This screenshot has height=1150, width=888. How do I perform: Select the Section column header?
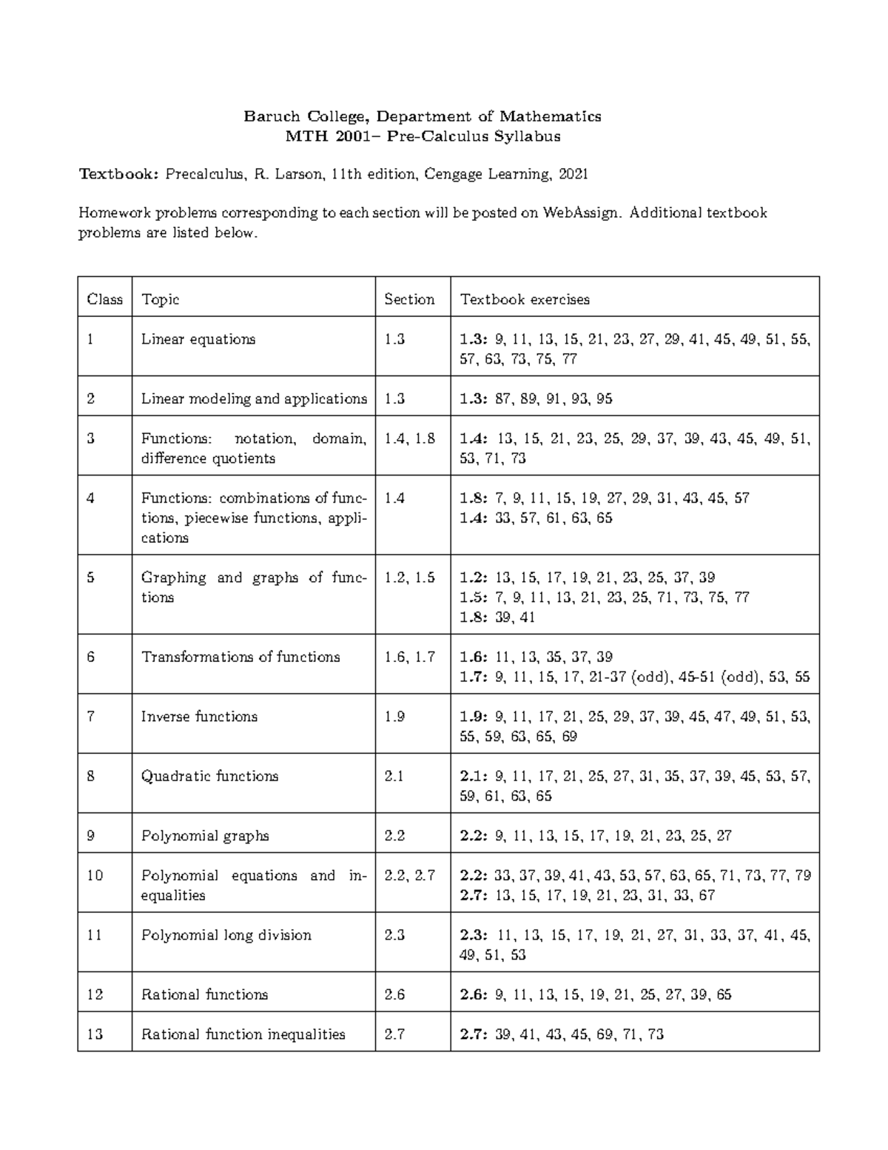(x=409, y=299)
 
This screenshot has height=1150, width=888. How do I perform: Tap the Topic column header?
(x=160, y=299)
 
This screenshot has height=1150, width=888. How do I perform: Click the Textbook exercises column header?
(x=525, y=299)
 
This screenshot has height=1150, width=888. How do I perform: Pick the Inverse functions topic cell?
(x=199, y=717)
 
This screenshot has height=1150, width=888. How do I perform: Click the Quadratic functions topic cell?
(x=209, y=776)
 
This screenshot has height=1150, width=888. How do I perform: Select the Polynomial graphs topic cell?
(x=205, y=836)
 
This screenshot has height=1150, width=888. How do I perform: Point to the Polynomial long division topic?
(x=226, y=935)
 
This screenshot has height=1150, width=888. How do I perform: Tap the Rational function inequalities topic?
(x=243, y=1034)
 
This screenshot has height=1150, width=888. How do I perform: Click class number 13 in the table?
(x=95, y=1034)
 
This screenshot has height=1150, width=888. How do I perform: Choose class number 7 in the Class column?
(x=91, y=717)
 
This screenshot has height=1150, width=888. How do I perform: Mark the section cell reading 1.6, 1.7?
(x=409, y=657)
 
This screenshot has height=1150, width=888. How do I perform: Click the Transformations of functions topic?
(x=240, y=657)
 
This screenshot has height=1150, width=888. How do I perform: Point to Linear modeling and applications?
(x=254, y=399)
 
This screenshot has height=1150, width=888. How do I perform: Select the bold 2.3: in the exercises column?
(x=474, y=935)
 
